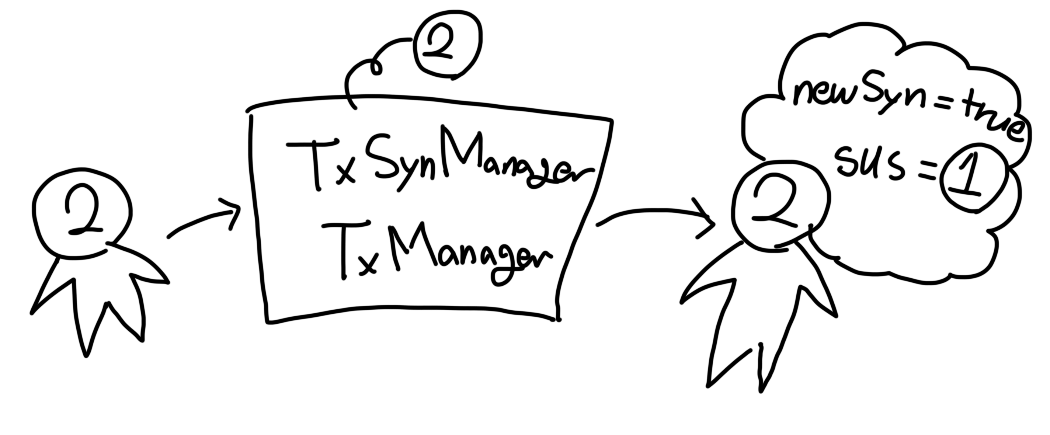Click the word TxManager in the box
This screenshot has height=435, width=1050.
[x=436, y=251]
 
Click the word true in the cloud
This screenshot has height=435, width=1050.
[x=987, y=120]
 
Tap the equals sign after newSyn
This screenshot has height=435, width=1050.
[x=938, y=107]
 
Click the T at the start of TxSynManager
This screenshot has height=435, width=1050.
[x=314, y=163]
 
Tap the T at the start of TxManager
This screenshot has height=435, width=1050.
[x=344, y=249]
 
